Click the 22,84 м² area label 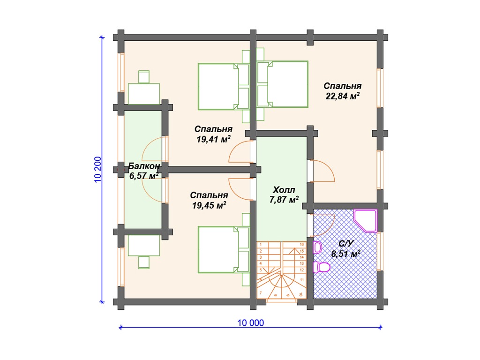(342, 96)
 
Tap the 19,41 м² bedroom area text (213, 139)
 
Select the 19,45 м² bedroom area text (209, 205)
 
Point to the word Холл (284, 190)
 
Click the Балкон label (144, 166)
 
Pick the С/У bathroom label (346, 244)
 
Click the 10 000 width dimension (251, 322)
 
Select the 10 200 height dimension (97, 170)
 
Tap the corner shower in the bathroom (366, 220)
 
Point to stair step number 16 (301, 245)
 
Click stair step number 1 (261, 245)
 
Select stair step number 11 (302, 280)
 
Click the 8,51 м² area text (346, 254)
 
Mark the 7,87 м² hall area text (284, 200)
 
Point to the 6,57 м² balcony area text (144, 176)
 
